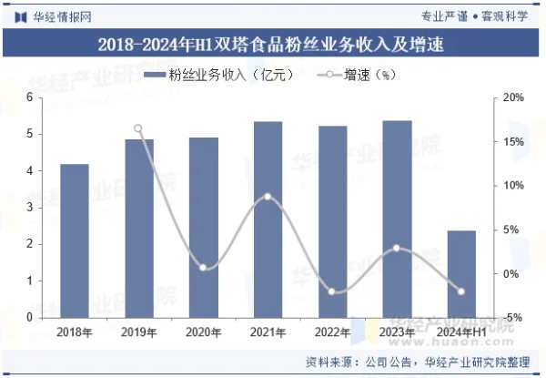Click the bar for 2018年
[75, 241]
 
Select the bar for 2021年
[268, 220]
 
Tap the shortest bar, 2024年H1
[462, 274]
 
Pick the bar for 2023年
[397, 219]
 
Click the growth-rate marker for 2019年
[138, 129]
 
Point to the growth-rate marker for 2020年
[203, 268]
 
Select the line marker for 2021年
[268, 197]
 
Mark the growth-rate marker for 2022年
[332, 291]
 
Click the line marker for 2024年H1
[461, 291]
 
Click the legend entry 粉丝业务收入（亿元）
[218, 76]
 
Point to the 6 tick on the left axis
[29, 97]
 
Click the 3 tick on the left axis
[29, 208]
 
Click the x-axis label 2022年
[332, 332]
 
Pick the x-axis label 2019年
[138, 332]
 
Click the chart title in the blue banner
[273, 44]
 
